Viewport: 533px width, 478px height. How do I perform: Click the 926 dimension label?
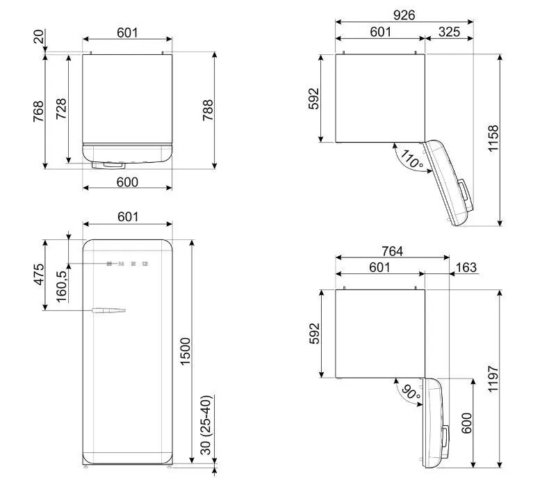pos(404,15)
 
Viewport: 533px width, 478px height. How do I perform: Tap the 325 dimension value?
pos(449,32)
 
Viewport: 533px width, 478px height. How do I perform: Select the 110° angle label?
pos(411,159)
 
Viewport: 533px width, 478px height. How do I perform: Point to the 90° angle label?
pos(411,392)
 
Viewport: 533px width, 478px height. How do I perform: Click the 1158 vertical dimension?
pos(493,138)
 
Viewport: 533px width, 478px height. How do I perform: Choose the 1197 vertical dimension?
pos(493,379)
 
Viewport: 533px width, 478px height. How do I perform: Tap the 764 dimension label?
pos(392,251)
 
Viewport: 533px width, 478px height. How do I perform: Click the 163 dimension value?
pos(466,268)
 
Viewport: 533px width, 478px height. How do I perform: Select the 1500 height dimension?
pos(186,351)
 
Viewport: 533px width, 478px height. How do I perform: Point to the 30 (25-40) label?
pos(206,425)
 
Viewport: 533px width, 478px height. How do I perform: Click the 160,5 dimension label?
pos(62,287)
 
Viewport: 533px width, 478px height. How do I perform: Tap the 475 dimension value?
pos(39,274)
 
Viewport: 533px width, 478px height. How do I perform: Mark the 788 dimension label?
pos(208,110)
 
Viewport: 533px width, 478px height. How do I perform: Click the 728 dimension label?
pos(61,109)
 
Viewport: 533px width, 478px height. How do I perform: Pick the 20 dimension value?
pos(38,36)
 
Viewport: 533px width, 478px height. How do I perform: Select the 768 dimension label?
pos(38,111)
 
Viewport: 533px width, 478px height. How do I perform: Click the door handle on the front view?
pos(109,310)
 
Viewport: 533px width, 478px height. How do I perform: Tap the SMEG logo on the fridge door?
pos(127,264)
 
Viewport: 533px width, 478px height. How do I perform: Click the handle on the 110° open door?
pos(466,195)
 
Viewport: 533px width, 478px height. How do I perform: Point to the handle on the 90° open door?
pos(445,439)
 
